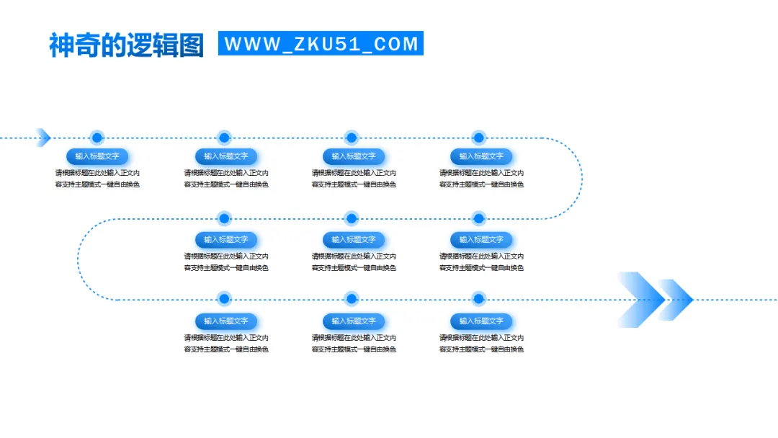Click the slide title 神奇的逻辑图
[x=126, y=45]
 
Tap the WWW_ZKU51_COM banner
[x=321, y=43]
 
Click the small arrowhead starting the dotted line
[x=43, y=137]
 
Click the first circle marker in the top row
[x=97, y=138]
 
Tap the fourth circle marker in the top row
[x=479, y=138]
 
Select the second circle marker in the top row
[x=224, y=138]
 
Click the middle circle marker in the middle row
[x=352, y=218]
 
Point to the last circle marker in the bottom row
[x=479, y=299]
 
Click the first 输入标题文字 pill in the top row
[x=97, y=156]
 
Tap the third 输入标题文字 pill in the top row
[x=353, y=156]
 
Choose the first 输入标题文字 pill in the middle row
[x=225, y=240]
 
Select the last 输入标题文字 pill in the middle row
[x=481, y=240]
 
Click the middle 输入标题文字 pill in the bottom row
[x=353, y=321]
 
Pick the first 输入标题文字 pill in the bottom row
[x=225, y=321]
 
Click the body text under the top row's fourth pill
[x=481, y=179]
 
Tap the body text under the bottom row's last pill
[x=481, y=344]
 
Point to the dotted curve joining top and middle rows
[x=581, y=178]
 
